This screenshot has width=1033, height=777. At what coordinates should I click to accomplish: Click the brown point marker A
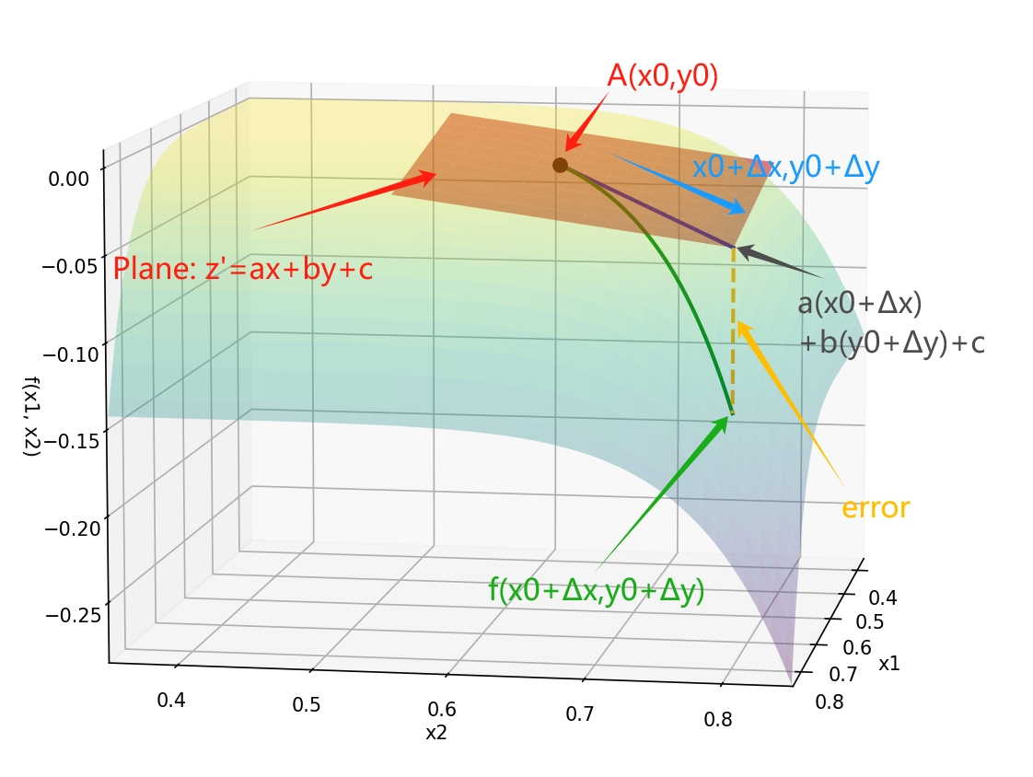coord(560,165)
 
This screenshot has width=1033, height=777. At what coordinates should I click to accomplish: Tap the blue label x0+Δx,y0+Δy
coord(786,167)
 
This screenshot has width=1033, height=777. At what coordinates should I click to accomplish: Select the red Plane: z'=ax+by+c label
coord(243,269)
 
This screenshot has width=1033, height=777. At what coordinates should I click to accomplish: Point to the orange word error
coord(876,508)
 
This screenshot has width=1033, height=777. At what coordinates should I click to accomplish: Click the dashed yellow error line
coord(733,331)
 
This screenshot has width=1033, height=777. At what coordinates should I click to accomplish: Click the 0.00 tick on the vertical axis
coord(69,179)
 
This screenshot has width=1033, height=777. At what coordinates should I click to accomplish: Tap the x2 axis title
coord(436,733)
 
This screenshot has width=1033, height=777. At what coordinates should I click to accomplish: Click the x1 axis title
coord(890,664)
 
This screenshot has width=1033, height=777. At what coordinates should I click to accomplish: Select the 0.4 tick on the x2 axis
coord(171,701)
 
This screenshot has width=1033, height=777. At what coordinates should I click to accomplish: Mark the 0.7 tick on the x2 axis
coord(579,713)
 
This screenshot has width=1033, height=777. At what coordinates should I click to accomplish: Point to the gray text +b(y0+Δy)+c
coord(892,343)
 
